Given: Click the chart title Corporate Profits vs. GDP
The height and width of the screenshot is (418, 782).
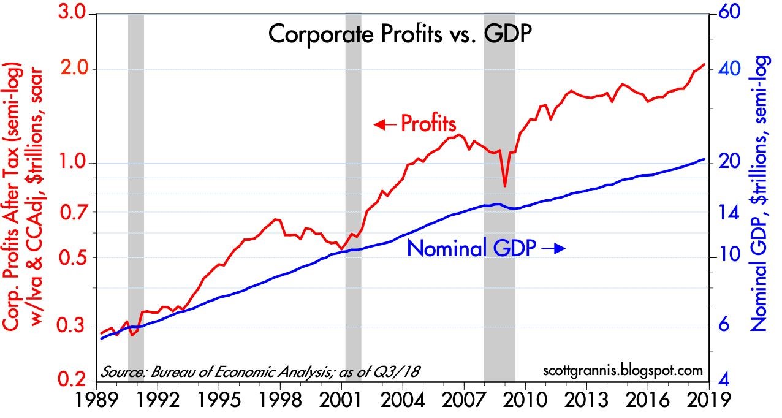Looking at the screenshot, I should [x=399, y=35].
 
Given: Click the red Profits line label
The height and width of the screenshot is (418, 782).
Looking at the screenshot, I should [x=428, y=124].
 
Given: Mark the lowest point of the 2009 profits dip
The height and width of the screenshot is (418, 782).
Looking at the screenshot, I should [x=504, y=186].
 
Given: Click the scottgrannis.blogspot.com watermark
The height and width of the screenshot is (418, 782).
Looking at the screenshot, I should [x=622, y=371].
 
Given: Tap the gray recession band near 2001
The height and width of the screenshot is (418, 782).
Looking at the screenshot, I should [x=353, y=196].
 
